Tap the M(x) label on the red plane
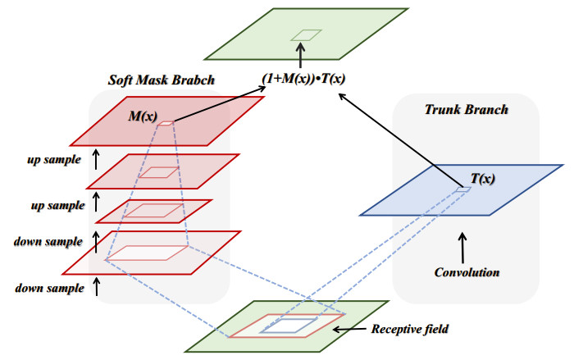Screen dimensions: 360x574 [x=143, y=116]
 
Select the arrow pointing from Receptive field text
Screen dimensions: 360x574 [x=351, y=330]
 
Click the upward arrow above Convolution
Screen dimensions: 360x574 [x=465, y=244]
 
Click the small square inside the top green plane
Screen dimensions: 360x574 [x=307, y=34]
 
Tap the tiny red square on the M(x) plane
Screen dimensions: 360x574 [x=166, y=124]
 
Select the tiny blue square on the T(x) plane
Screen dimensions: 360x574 [x=464, y=190]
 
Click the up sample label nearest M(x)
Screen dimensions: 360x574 [x=52, y=158]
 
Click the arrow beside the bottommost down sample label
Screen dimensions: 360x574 [x=98, y=287]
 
